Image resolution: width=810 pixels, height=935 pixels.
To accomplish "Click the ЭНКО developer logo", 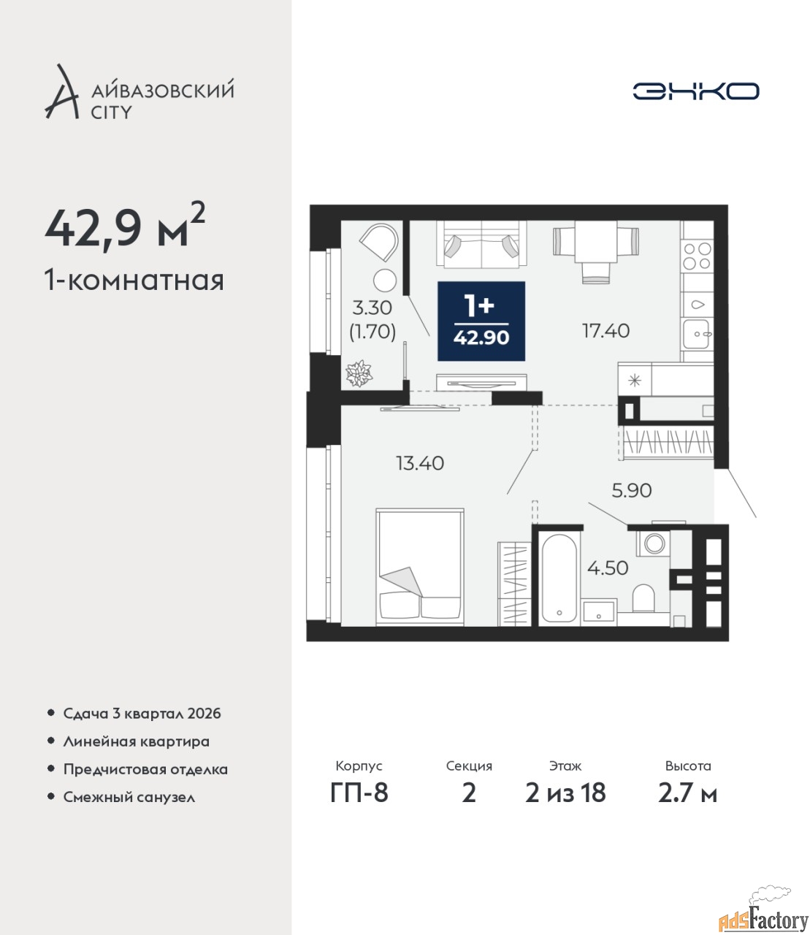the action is click(695, 91).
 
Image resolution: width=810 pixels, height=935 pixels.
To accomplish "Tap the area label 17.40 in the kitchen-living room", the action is click(605, 331).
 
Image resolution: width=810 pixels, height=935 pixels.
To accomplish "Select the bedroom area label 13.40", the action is click(420, 463).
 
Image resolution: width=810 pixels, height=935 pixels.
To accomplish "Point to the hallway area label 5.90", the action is click(631, 490).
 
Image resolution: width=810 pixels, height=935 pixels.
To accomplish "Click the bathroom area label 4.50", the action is click(608, 568).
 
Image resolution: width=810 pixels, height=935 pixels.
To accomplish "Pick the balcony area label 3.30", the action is click(372, 308).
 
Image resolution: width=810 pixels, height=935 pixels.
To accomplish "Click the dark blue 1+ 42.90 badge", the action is click(481, 321).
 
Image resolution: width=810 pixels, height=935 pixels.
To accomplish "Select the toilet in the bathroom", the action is click(643, 598).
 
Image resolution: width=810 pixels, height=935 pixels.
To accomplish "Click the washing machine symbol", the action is click(653, 543).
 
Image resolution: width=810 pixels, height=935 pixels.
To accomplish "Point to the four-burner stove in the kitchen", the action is click(698, 256).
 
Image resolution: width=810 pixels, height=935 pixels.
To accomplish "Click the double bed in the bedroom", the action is click(420, 568).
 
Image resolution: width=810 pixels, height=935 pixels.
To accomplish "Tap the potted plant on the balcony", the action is click(359, 374).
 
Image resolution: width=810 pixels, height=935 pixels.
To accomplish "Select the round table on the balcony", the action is click(385, 280).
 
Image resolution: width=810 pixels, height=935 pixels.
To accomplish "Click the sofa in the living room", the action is click(481, 245).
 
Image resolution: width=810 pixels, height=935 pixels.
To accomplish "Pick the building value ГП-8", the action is click(359, 793).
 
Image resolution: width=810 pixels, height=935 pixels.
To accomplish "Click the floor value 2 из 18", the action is click(565, 793).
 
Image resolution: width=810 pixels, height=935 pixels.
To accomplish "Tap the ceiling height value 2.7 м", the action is click(687, 793).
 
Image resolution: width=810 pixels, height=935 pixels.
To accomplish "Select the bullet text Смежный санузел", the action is click(129, 797).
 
